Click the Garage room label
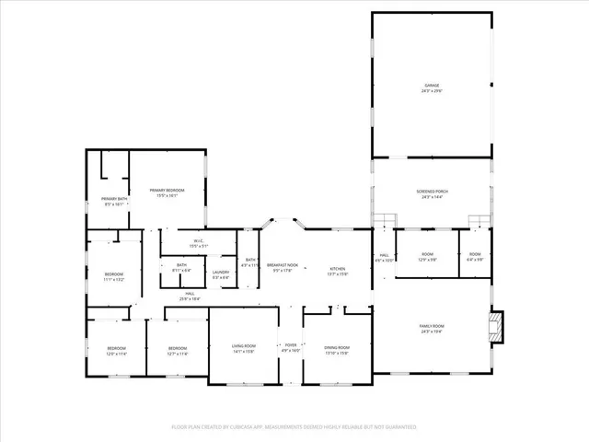click(432, 87)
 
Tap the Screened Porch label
click(432, 193)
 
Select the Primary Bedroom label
click(167, 192)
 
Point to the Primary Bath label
click(115, 201)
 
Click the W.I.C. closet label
click(199, 244)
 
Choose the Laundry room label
click(221, 273)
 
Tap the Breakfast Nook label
click(281, 268)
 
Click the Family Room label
click(432, 329)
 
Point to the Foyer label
click(291, 347)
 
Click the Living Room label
click(244, 347)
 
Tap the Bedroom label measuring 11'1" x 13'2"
click(114, 276)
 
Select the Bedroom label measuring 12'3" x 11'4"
click(117, 350)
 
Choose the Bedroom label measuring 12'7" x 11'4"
click(178, 350)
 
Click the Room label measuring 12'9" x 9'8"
click(428, 257)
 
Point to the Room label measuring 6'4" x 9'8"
click(475, 257)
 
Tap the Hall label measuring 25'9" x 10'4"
click(190, 297)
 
